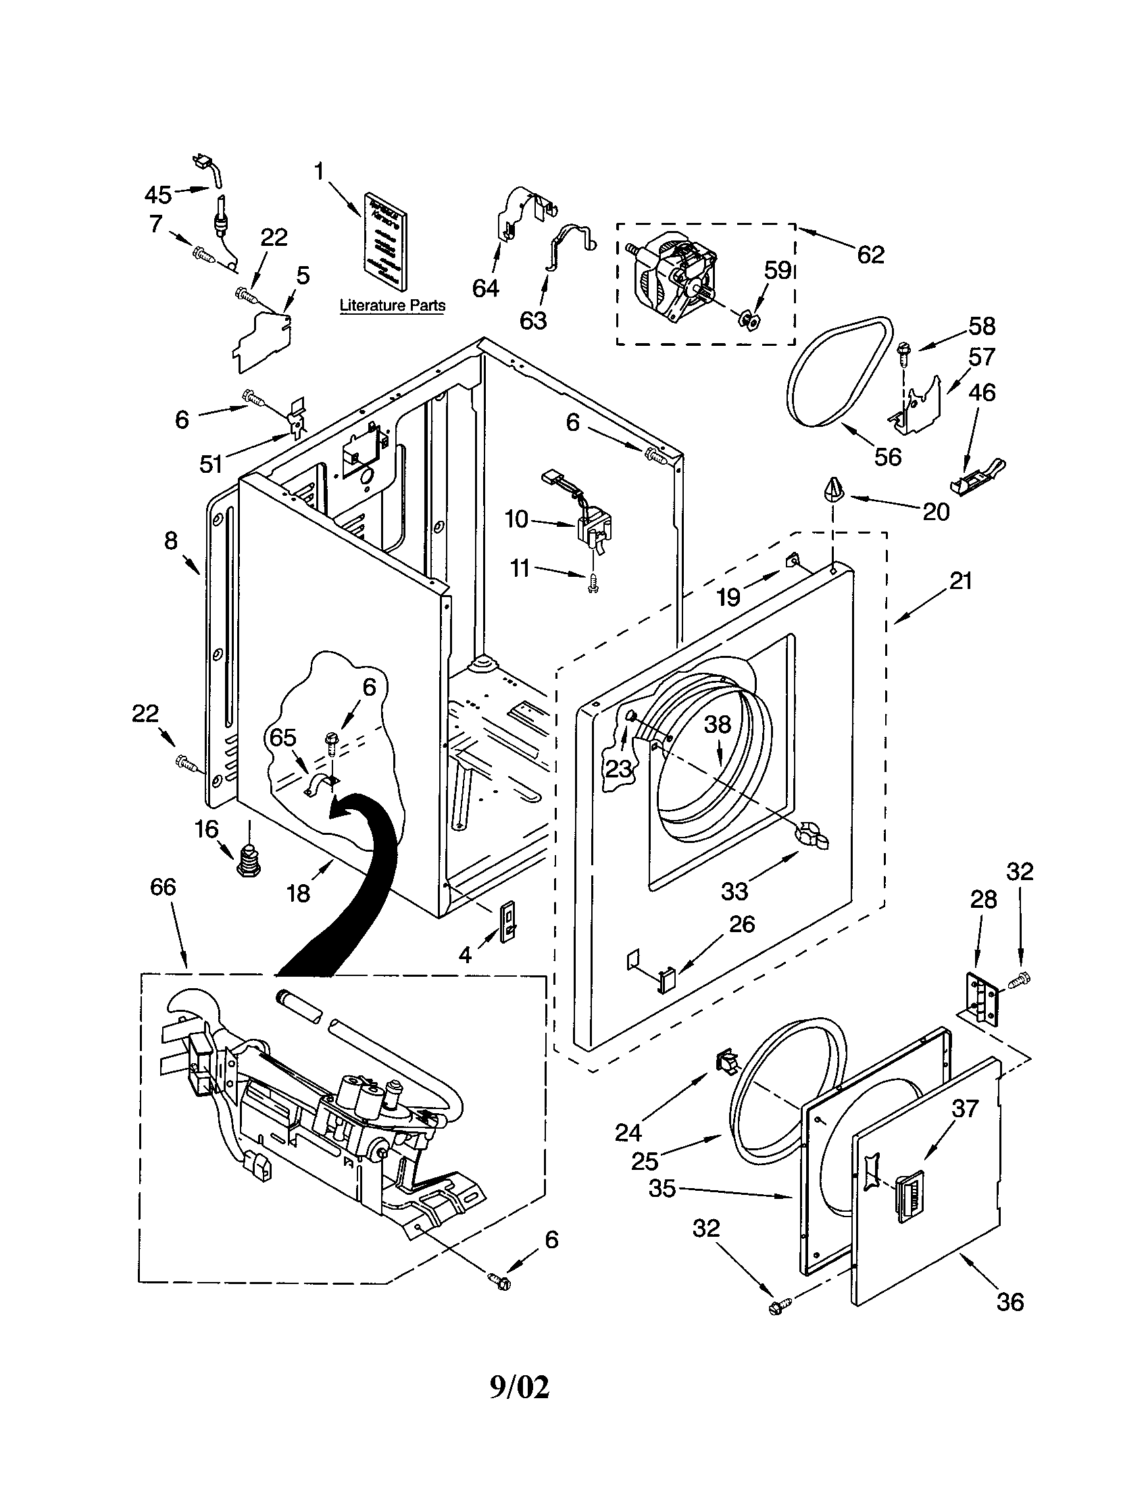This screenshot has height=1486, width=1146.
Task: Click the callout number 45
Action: tap(158, 195)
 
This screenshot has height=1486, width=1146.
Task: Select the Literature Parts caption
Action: tap(392, 305)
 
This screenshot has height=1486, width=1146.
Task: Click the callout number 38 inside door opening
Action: tap(718, 725)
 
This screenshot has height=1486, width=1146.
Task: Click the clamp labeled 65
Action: tap(320, 786)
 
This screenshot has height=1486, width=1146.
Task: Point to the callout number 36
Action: tap(1010, 1302)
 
